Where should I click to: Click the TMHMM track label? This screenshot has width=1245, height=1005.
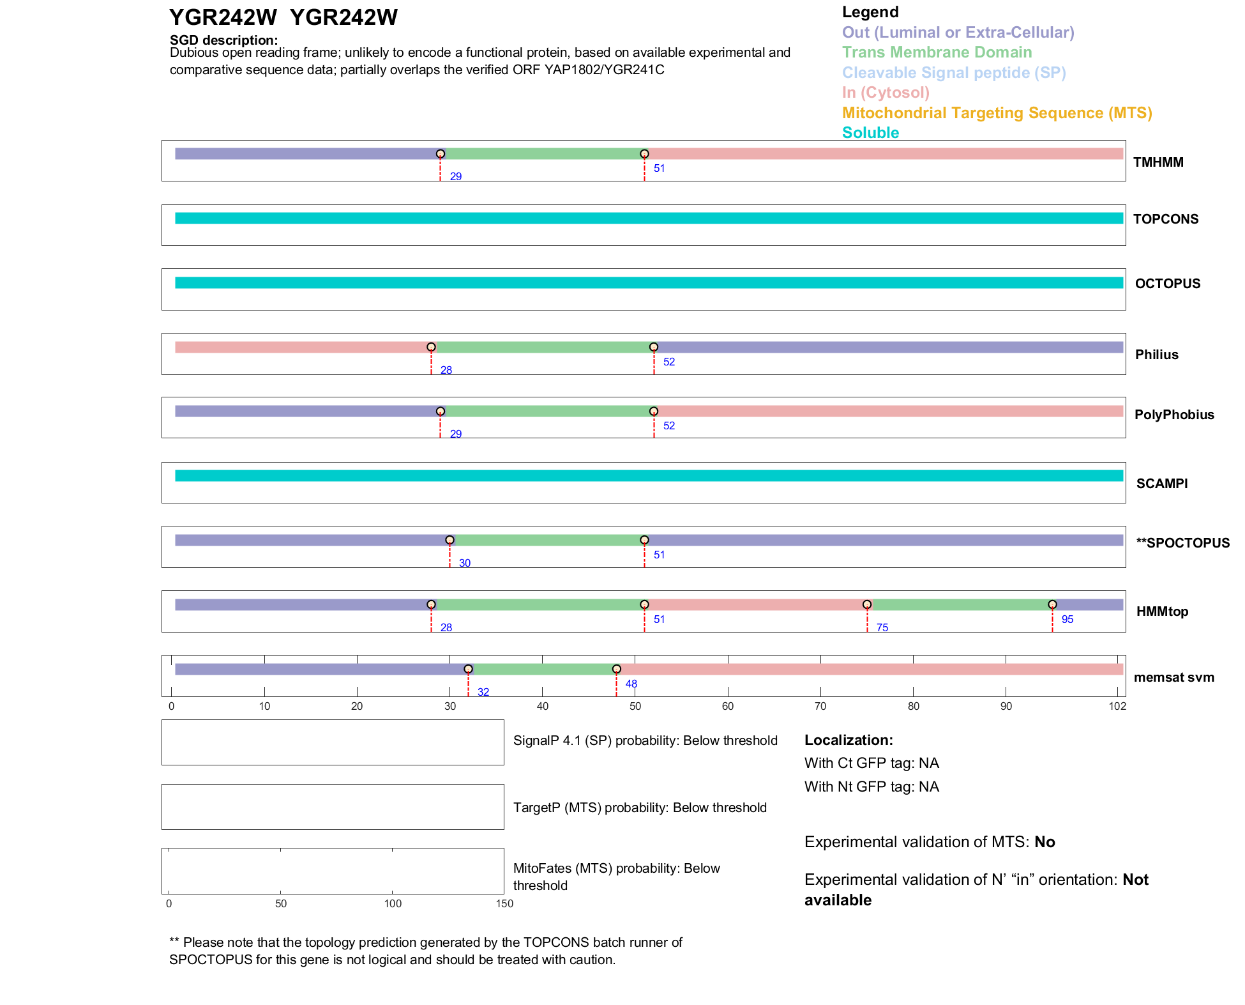coord(1158,162)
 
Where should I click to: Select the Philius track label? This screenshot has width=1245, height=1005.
coord(1156,355)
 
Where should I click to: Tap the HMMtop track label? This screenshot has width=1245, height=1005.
coord(1162,611)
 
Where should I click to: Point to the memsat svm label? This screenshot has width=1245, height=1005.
coord(1173,677)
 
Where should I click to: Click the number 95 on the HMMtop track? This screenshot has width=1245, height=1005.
coord(1067,619)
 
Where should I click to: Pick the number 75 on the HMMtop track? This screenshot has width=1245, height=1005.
coord(882,627)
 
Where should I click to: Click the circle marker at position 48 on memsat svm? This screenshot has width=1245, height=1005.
coord(616,669)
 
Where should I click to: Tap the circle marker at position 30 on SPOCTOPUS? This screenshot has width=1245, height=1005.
coord(449,540)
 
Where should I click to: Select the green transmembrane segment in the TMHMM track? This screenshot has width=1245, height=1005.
coord(542,154)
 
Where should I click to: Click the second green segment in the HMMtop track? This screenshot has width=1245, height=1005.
coord(959,604)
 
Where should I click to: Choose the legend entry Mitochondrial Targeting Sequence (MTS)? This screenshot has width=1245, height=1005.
coord(997,113)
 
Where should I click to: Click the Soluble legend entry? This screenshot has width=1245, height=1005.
coord(870,133)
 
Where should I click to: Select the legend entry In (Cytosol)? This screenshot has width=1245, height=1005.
coord(886,93)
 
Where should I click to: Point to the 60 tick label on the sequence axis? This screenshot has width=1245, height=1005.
coord(728,706)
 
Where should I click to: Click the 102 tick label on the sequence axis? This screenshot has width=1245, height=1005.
coord(1117,706)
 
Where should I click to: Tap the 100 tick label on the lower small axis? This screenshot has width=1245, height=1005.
coord(393,903)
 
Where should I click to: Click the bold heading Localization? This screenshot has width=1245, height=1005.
coord(849,740)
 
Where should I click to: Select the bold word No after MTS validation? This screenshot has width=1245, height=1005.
coord(1045,842)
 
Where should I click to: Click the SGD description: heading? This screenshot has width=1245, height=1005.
coord(223,40)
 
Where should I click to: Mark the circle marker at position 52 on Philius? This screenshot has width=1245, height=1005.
coord(653,347)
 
